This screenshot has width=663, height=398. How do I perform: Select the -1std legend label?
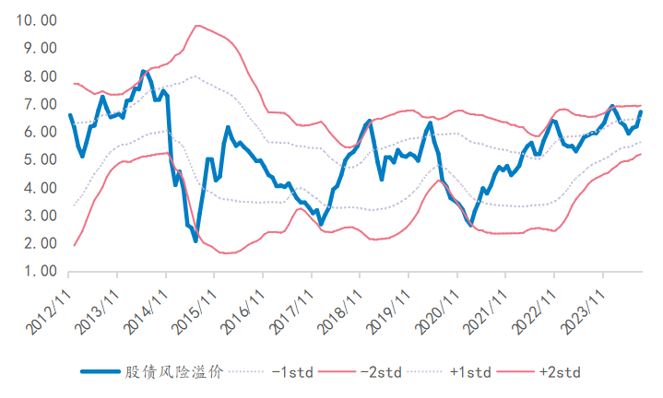(293, 372)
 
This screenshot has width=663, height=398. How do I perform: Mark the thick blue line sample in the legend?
(101, 372)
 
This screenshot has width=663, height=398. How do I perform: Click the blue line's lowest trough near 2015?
(195, 240)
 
